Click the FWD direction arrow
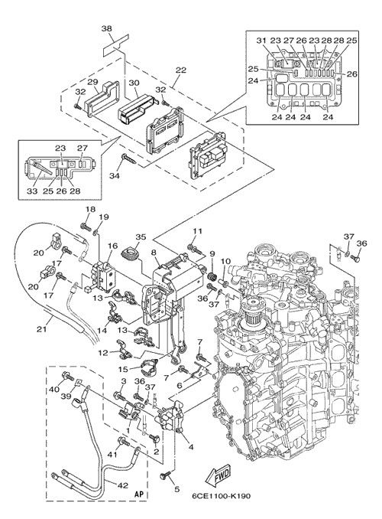pos(218,475)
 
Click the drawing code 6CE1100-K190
pos(221,495)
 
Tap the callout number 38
pos(106,29)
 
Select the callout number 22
pos(181,70)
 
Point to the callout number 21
pos(42,329)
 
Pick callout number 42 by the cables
pos(122,485)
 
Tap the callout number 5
pos(176,488)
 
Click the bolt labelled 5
pos(166,475)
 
